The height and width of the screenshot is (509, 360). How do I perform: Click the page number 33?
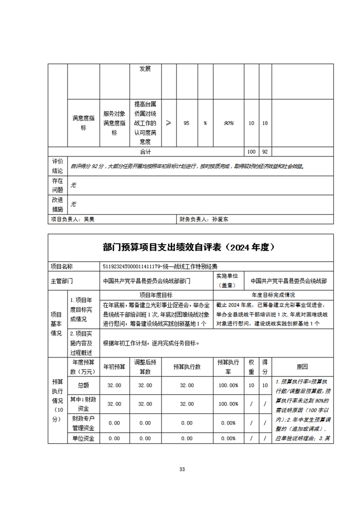(182, 469)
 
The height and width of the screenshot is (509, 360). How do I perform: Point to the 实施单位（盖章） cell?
(227, 281)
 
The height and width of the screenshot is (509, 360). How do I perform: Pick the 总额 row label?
(83, 385)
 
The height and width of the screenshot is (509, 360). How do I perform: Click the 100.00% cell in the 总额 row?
(228, 385)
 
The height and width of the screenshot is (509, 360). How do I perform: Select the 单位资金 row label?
(83, 439)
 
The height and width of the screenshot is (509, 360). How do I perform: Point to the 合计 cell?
(146, 152)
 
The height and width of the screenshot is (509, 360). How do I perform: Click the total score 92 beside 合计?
(265, 152)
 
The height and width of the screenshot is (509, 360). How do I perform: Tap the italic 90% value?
(228, 123)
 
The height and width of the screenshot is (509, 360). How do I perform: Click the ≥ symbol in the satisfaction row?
(168, 123)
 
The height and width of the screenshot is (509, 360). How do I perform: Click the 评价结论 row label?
(57, 166)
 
